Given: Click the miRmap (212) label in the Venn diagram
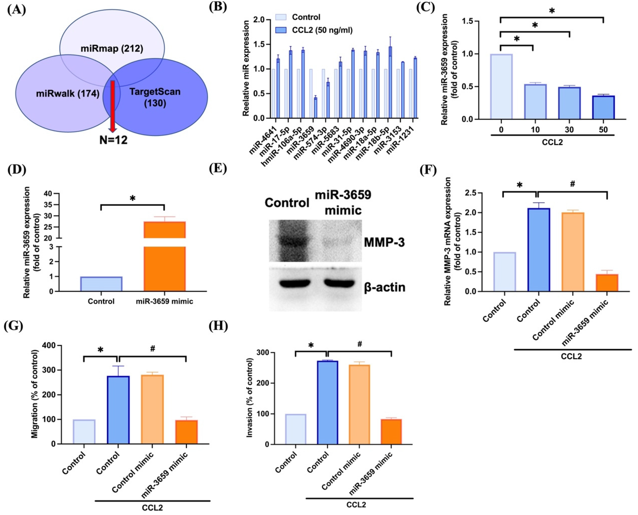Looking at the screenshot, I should [112, 48].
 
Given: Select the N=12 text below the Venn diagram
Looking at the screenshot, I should [114, 140].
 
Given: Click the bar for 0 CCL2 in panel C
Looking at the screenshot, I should [501, 87].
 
